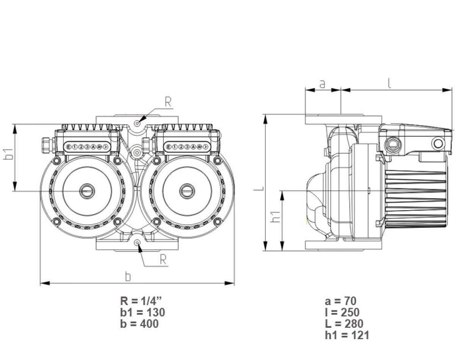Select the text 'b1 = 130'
pos(143,312)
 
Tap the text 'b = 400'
pos(140,324)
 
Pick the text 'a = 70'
pos(340,301)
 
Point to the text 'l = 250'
pos(342,312)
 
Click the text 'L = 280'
pos(344,324)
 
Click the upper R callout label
pos(168,102)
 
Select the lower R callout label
pos(163,259)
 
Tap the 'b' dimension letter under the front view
pos(128,277)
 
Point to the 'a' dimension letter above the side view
pos(322,84)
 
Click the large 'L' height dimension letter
pos(257,186)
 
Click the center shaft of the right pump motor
pos(186,191)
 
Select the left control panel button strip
pos(87,147)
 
